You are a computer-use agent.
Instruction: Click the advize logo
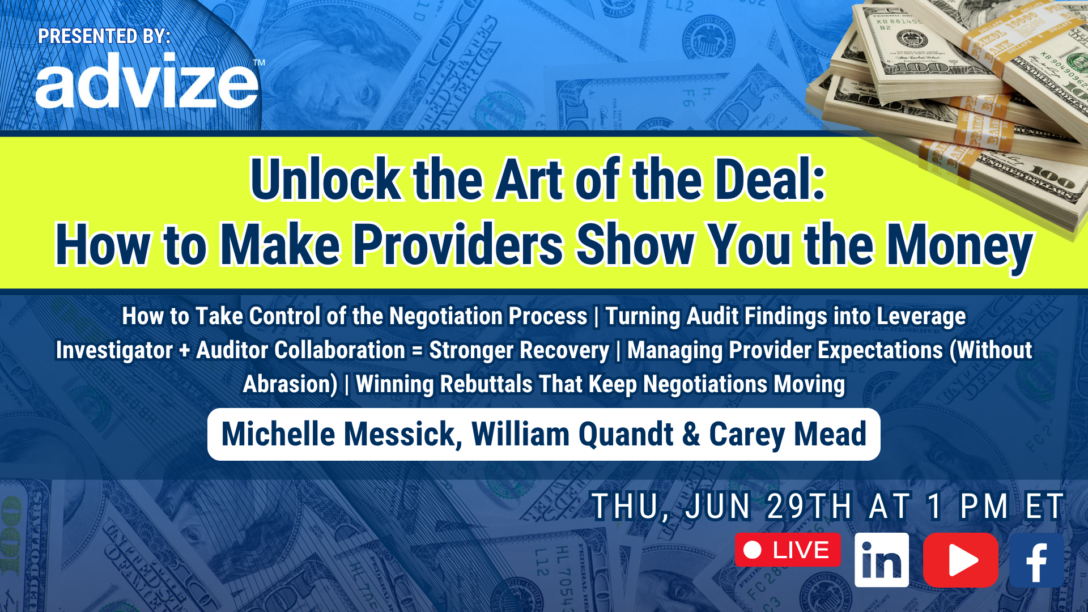click(147, 80)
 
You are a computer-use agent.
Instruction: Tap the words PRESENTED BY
click(104, 36)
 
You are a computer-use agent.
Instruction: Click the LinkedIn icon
click(881, 560)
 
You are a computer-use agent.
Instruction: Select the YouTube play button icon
click(960, 560)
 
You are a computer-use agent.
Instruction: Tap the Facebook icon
click(1036, 560)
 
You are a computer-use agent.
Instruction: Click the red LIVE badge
click(788, 550)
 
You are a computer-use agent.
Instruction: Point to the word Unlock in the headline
click(326, 180)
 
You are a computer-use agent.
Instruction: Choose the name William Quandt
click(572, 434)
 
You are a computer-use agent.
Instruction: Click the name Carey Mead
click(788, 435)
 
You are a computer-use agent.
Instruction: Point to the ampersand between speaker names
click(691, 434)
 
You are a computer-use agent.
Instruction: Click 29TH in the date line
click(809, 506)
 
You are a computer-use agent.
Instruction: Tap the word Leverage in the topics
click(921, 316)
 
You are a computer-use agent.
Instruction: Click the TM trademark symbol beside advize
click(259, 63)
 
